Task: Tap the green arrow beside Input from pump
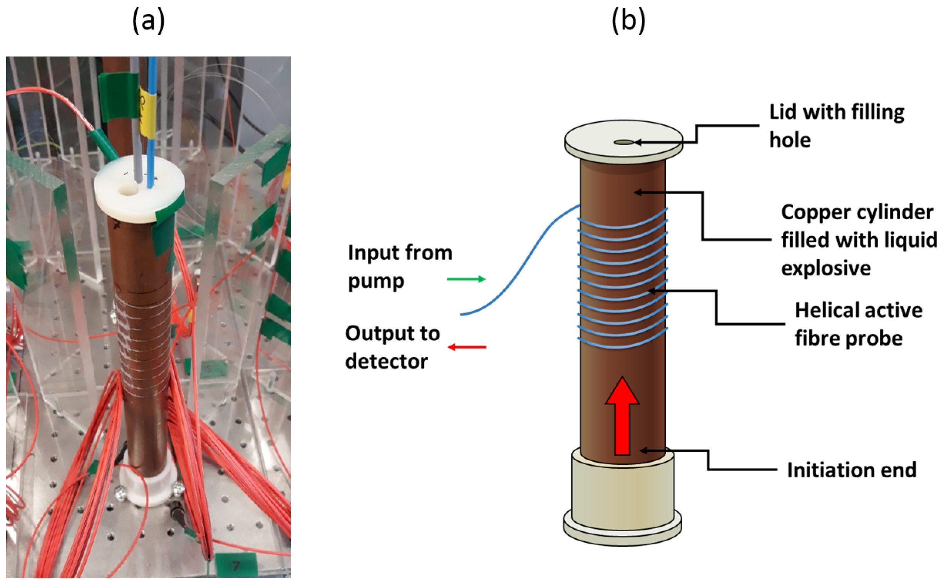tap(466, 279)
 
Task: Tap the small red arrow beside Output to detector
tap(467, 347)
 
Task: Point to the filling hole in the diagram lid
tap(623, 143)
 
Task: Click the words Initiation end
tap(851, 470)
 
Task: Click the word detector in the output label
tap(386, 362)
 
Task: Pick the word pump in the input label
tap(376, 280)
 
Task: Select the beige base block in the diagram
tap(622, 492)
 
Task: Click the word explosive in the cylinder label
tap(826, 268)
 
